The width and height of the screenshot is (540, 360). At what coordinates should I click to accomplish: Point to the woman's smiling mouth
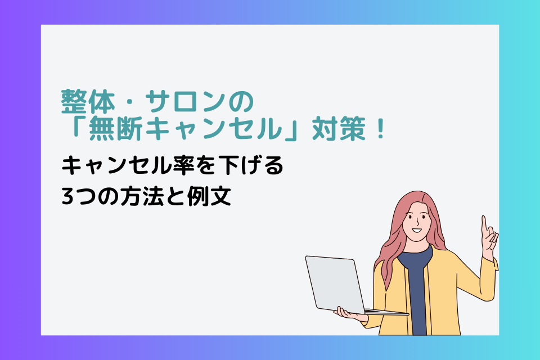(x=417, y=230)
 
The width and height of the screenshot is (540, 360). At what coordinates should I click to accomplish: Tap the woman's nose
(x=416, y=222)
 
